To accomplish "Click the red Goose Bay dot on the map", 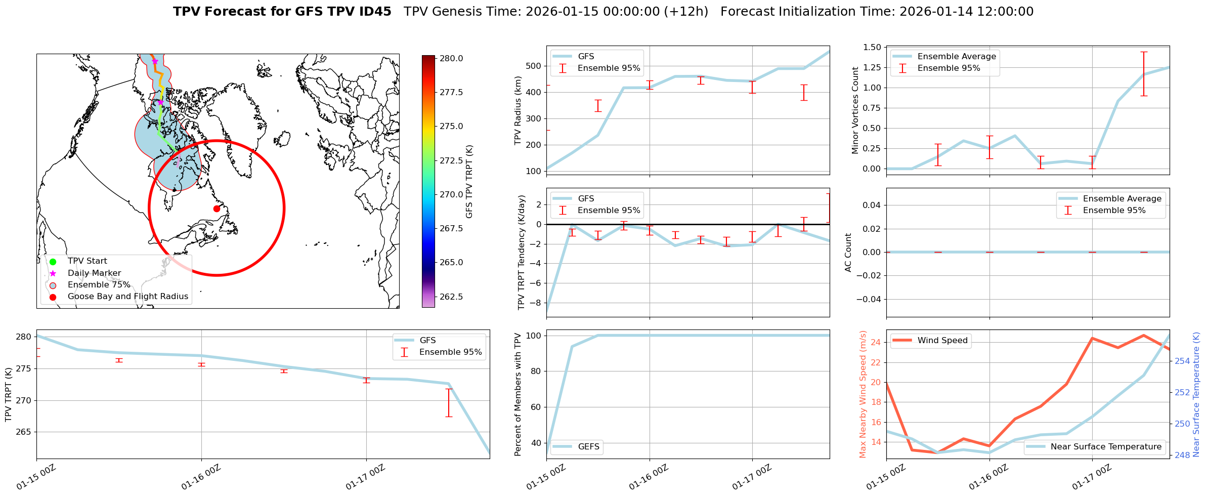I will click(x=217, y=209).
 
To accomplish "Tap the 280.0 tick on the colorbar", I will click(x=451, y=59).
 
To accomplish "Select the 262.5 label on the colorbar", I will click(x=451, y=297).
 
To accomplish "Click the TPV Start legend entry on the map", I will click(x=87, y=261).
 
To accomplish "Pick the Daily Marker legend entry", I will click(x=94, y=273).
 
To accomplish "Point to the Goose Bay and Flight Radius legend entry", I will click(x=127, y=297).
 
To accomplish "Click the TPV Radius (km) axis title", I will click(x=518, y=111).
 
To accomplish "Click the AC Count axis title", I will click(x=848, y=253).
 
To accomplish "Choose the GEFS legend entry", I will click(x=588, y=447).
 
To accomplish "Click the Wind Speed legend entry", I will click(x=942, y=341).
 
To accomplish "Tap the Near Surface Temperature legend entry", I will click(x=1105, y=447).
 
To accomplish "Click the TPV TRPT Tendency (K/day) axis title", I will click(x=522, y=253).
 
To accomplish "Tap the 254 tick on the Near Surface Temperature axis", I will click(x=1182, y=361).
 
